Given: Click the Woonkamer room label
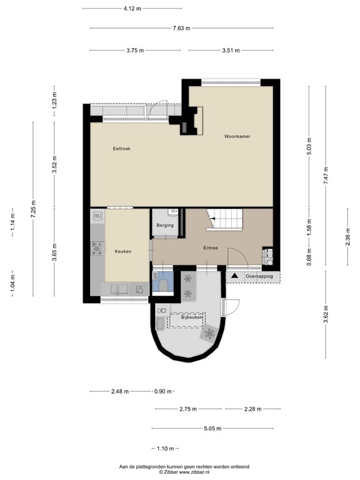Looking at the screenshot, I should pyautogui.click(x=237, y=136).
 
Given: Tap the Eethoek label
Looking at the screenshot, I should pyautogui.click(x=121, y=148).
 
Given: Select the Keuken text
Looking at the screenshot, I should pyautogui.click(x=123, y=251).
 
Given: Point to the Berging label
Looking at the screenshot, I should pyautogui.click(x=165, y=225).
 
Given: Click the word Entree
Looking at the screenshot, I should pyautogui.click(x=211, y=248).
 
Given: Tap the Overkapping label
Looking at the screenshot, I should pyautogui.click(x=259, y=276).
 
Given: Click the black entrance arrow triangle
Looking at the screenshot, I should pyautogui.click(x=235, y=276).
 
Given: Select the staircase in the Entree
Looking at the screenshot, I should pyautogui.click(x=229, y=221).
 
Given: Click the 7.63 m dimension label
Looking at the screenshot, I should pyautogui.click(x=181, y=28).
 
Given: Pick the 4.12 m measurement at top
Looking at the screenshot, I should pyautogui.click(x=132, y=9).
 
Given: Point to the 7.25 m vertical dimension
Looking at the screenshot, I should pyautogui.click(x=34, y=206).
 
